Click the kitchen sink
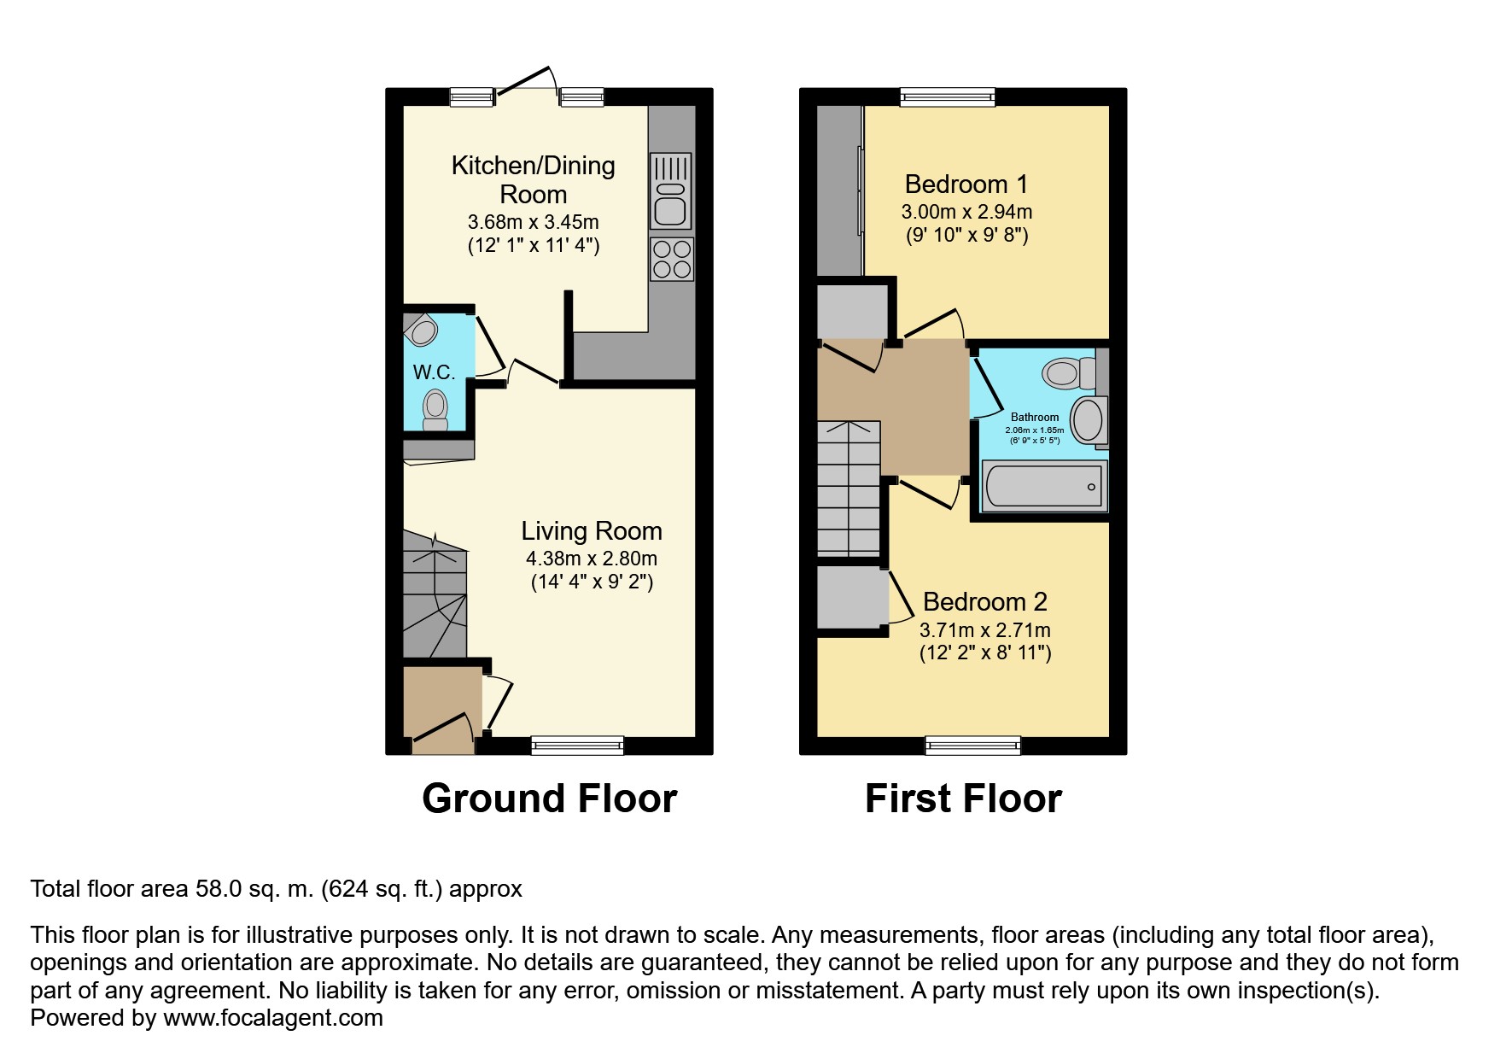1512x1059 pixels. click(x=671, y=191)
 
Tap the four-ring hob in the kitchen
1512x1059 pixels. click(x=671, y=259)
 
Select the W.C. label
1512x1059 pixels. click(x=434, y=372)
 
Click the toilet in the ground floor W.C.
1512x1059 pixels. click(x=435, y=410)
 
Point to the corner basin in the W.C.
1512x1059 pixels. click(x=421, y=329)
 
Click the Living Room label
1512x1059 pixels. click(x=592, y=531)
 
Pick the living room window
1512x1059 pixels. click(x=577, y=746)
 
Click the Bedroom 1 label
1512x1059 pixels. click(x=966, y=184)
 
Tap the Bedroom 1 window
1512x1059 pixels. click(x=948, y=97)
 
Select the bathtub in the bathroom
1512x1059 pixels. click(x=1044, y=486)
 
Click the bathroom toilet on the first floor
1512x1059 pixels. click(x=1069, y=372)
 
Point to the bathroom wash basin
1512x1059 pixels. click(x=1088, y=420)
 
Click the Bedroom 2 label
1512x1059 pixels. click(x=985, y=602)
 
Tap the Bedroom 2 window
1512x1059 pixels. click(x=973, y=746)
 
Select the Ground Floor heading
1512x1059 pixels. click(x=550, y=799)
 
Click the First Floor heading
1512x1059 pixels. click(x=963, y=799)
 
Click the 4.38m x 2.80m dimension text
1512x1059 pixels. click(x=592, y=559)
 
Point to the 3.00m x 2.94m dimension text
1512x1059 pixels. click(x=966, y=212)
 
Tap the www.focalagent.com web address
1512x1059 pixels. click(x=273, y=1018)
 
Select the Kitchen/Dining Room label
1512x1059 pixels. click(x=534, y=179)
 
